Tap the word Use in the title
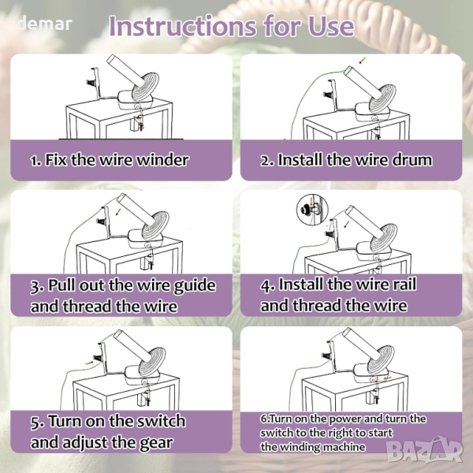(x=331, y=26)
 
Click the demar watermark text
(x=45, y=24)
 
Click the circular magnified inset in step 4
(x=313, y=209)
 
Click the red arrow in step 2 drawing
(x=362, y=61)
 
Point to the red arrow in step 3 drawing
(x=119, y=212)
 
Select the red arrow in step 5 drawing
(x=90, y=363)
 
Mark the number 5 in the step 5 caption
(x=35, y=422)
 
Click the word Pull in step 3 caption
(x=61, y=285)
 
